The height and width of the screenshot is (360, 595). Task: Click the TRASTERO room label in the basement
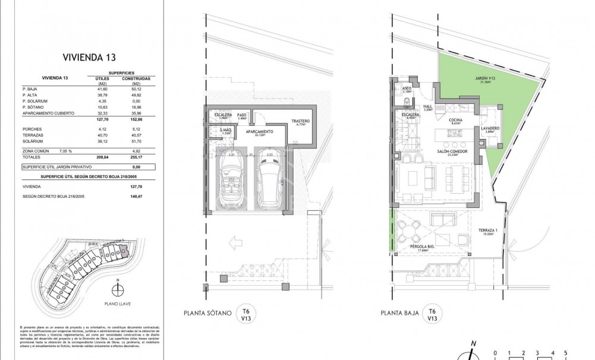(300, 122)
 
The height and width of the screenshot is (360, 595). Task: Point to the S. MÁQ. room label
(225, 131)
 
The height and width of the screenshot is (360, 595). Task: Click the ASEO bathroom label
(407, 90)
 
